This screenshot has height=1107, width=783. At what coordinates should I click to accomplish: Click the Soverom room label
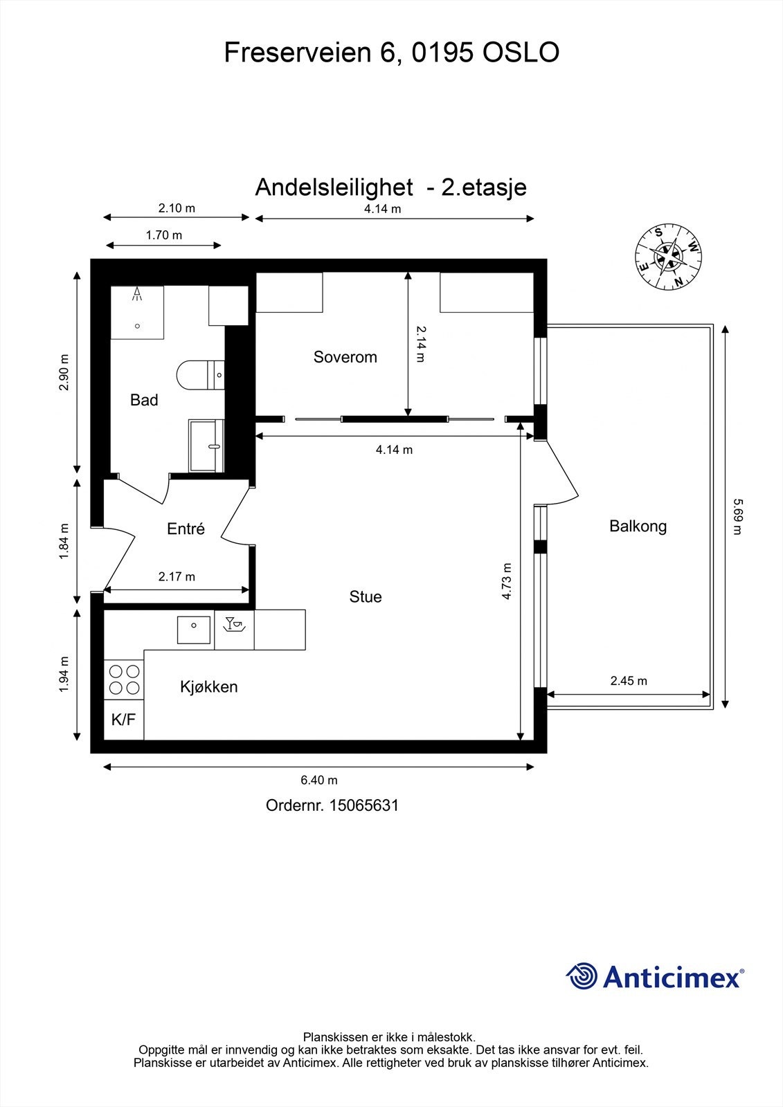point(345,357)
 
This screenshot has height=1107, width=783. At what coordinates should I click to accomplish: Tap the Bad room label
point(144,400)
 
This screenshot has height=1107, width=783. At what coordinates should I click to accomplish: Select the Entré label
point(186,529)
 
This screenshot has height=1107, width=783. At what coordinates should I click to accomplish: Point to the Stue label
point(365,596)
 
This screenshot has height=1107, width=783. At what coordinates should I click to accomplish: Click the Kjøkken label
point(208,687)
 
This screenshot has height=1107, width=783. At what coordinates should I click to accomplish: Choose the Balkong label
point(638,526)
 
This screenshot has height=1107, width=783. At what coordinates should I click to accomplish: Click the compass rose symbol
point(669,257)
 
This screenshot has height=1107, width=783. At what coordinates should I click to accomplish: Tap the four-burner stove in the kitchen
point(124,679)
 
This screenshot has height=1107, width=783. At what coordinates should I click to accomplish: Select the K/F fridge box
point(123,720)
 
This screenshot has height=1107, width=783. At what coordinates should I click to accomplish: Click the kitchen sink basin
point(195,629)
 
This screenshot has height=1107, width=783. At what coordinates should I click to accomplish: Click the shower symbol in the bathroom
point(137,295)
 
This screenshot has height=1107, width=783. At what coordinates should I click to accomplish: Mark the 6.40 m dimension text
point(318,780)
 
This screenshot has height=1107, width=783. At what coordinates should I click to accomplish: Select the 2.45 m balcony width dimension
point(629,681)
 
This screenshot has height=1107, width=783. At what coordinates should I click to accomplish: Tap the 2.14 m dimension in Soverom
point(420,345)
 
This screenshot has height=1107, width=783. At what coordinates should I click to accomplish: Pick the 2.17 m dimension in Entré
point(177,576)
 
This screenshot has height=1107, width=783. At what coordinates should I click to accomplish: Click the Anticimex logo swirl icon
point(582,977)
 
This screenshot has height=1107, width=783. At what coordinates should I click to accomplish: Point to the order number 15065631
point(363,805)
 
